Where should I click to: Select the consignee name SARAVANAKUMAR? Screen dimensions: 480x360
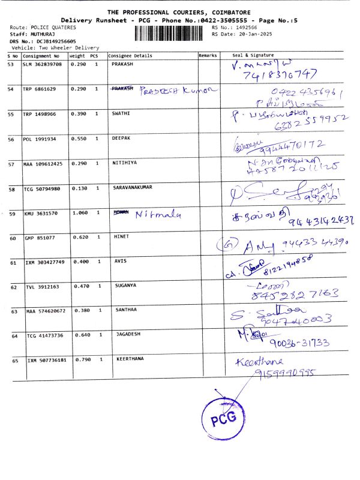click(133, 188)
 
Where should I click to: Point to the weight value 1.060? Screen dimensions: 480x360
click(79, 212)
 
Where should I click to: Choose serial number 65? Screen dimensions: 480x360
click(11, 361)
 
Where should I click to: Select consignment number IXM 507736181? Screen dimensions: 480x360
click(46, 361)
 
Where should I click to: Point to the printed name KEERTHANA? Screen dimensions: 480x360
click(131, 359)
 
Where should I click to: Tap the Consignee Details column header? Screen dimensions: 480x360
click(130, 55)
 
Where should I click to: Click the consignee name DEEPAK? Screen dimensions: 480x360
click(122, 138)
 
